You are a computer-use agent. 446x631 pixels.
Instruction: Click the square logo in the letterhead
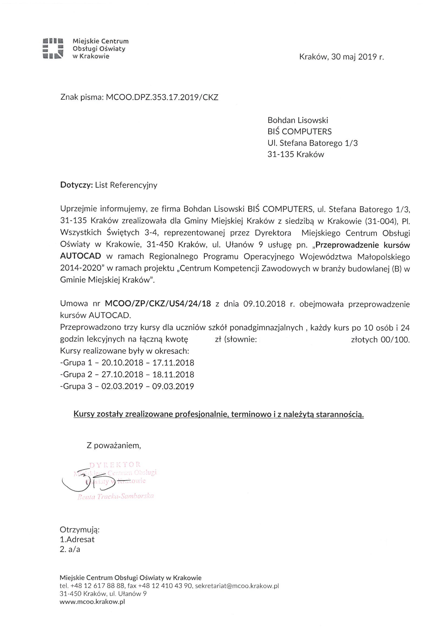53,48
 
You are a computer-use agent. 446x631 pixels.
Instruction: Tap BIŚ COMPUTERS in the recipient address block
299,131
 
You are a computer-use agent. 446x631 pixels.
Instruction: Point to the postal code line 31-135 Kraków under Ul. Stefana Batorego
296,154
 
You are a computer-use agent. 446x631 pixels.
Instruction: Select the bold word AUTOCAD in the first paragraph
80,256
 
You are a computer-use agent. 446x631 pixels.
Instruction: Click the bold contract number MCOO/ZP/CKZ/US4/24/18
158,304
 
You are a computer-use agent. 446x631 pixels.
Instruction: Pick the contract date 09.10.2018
264,304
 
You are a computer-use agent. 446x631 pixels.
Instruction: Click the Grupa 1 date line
127,363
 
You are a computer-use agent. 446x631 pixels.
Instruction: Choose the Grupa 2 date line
127,374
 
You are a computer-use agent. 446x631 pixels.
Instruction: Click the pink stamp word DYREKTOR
115,464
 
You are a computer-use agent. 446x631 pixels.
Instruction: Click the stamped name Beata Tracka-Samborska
115,496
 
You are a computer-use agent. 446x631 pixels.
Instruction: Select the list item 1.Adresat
77,539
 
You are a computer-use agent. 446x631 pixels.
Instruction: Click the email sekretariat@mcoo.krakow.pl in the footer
237,593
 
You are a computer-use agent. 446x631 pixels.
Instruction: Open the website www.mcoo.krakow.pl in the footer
92,609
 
